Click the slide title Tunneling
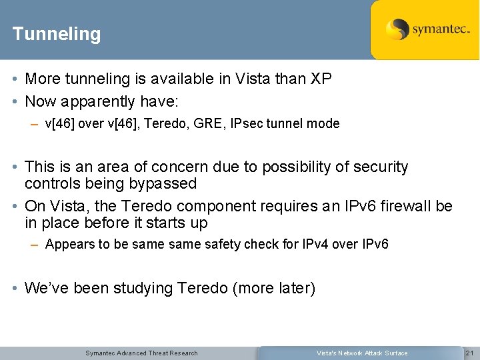tap(57, 34)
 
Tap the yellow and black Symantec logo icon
tap(397, 29)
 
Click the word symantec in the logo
tap(441, 29)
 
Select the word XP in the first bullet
tap(321, 79)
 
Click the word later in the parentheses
tap(293, 288)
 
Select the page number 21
tap(469, 353)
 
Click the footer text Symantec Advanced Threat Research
tap(141, 353)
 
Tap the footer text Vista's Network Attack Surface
tap(362, 353)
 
